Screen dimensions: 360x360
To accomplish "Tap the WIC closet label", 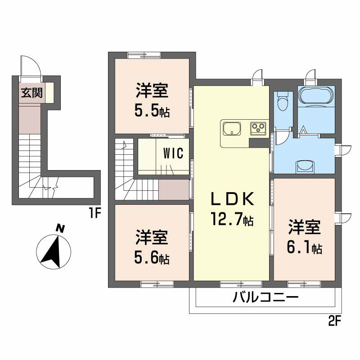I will (x=173, y=153).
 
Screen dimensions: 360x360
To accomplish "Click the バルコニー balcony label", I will (x=265, y=298).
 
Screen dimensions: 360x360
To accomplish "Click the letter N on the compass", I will (x=59, y=229).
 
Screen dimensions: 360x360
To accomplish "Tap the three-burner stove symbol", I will (x=258, y=128).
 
